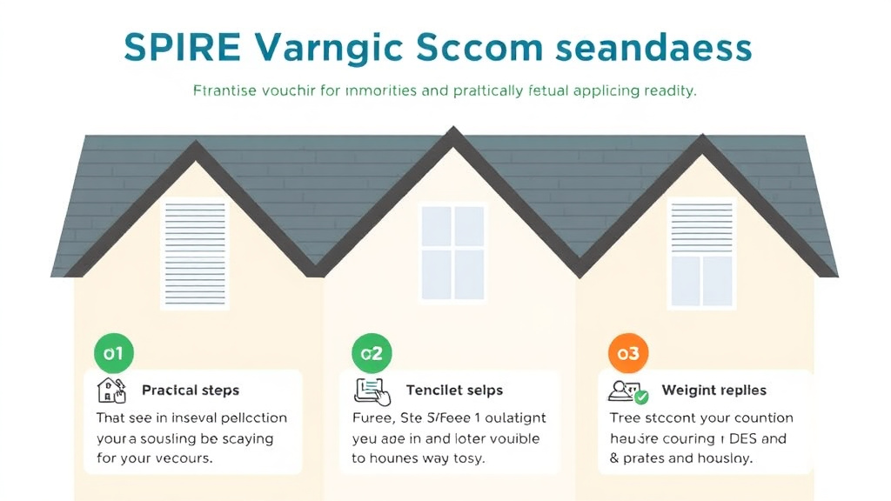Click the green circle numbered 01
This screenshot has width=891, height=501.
[113, 354]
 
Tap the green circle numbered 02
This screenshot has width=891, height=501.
[372, 354]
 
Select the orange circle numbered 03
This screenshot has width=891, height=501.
[627, 354]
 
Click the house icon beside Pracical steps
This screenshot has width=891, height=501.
[112, 390]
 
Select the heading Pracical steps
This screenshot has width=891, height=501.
[190, 390]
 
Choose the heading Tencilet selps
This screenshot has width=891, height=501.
[454, 390]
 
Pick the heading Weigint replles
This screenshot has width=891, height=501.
[713, 390]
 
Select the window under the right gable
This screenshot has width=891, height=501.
[701, 251]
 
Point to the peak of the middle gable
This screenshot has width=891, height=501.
[452, 133]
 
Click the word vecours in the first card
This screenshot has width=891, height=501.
[181, 458]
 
